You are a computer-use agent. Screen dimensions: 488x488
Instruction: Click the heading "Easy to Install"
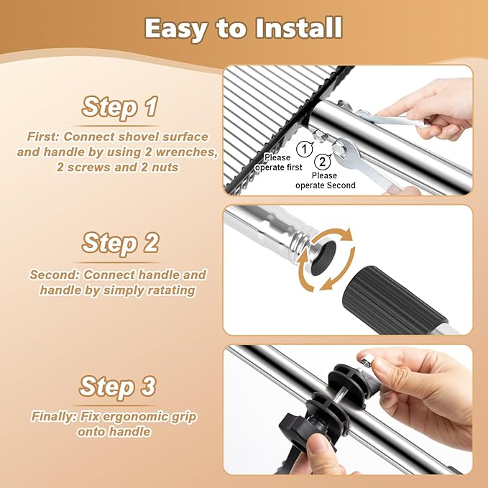pyautogui.click(x=244, y=28)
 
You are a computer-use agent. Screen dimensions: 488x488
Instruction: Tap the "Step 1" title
pyautogui.click(x=119, y=106)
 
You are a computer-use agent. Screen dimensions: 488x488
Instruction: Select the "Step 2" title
pyautogui.click(x=120, y=243)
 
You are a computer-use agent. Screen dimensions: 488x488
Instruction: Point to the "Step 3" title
pyautogui.click(x=117, y=386)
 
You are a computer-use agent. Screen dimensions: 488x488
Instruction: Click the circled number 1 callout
pyautogui.click(x=305, y=149)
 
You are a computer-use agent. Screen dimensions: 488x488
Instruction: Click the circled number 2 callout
pyautogui.click(x=323, y=162)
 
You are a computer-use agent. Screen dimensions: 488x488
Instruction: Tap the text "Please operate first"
pyautogui.click(x=278, y=162)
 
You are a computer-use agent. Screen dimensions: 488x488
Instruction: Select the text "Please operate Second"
pyautogui.click(x=326, y=180)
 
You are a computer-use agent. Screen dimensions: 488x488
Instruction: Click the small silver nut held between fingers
pyautogui.click(x=365, y=361)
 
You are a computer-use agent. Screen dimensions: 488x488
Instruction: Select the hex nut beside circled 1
pyautogui.click(x=319, y=135)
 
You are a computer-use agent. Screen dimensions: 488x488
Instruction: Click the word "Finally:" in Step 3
pyautogui.click(x=54, y=416)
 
